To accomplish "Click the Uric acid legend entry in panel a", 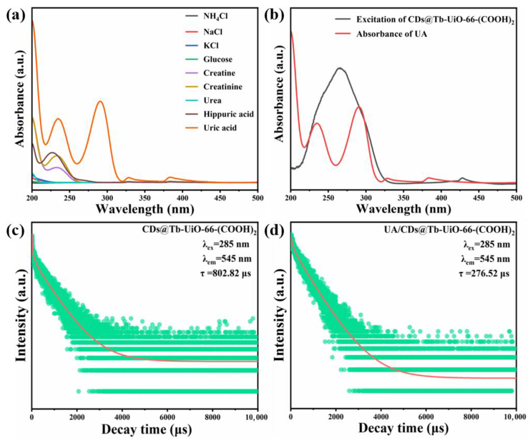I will click(220, 128).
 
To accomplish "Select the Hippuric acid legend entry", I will click(228, 114).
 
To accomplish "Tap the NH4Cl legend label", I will click(215, 16).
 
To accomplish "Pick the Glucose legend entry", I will click(218, 59).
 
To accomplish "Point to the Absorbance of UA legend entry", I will click(392, 34).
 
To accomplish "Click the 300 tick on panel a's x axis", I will click(107, 198).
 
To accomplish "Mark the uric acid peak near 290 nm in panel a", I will click(100, 101).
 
